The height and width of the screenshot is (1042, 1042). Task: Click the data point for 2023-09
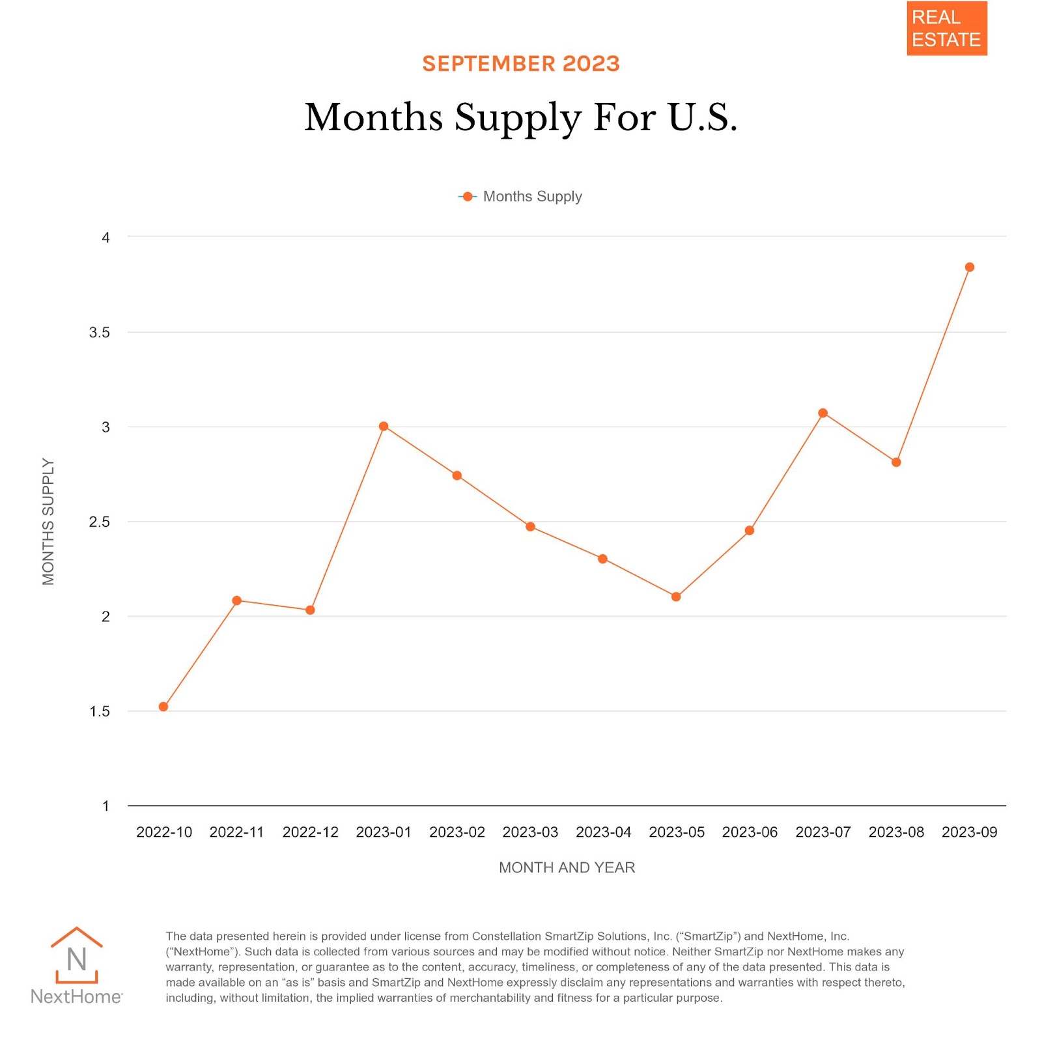(x=969, y=267)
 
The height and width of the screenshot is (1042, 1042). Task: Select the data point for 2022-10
(x=163, y=707)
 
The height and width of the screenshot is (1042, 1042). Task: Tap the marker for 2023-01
(x=384, y=427)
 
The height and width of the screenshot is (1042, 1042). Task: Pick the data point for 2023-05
(x=676, y=597)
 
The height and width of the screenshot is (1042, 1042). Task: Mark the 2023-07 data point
(x=823, y=413)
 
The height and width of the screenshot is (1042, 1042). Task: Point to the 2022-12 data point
(x=310, y=610)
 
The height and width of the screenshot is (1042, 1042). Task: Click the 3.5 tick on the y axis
(x=100, y=333)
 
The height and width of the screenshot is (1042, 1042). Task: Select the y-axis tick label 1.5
(x=100, y=711)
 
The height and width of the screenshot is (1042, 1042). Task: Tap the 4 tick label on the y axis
(x=106, y=238)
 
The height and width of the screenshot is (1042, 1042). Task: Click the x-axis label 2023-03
(x=530, y=832)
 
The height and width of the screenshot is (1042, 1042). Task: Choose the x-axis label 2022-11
(x=236, y=832)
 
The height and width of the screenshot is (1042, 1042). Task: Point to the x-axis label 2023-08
(x=896, y=832)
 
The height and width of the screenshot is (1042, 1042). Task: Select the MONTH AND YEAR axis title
(x=567, y=867)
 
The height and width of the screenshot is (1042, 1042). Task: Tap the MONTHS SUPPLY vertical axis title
(x=48, y=521)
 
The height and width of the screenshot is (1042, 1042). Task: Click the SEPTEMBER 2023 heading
(x=521, y=64)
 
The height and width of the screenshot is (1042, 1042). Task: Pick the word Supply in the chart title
(x=517, y=119)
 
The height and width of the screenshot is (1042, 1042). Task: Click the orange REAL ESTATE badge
(x=946, y=29)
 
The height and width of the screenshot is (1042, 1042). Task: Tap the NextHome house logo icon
(x=77, y=955)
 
